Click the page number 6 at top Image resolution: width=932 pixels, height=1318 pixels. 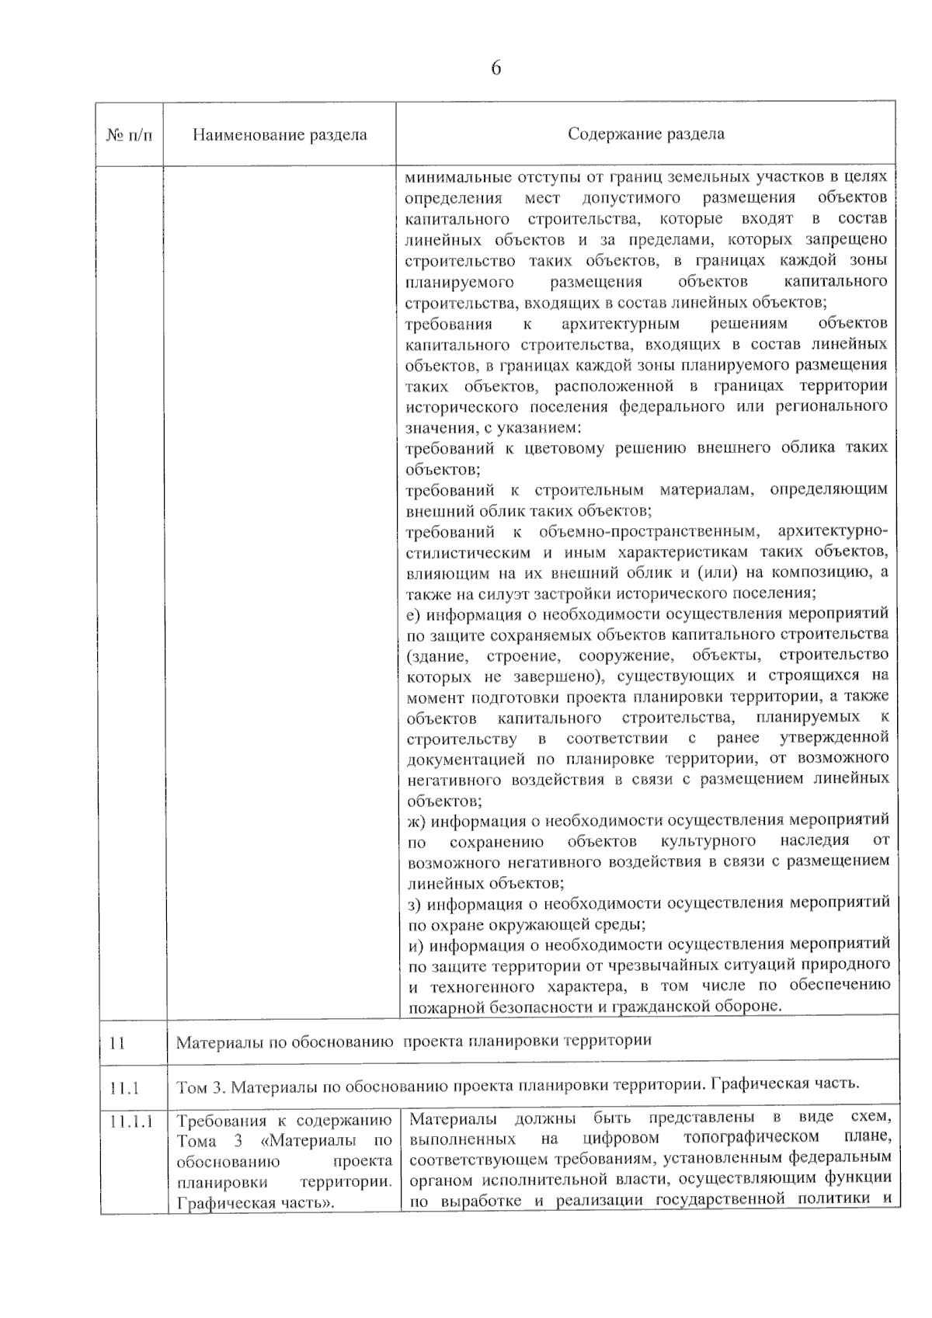pos(496,68)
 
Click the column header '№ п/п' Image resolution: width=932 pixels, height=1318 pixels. pos(129,134)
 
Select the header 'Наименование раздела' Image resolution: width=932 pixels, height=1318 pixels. pos(280,134)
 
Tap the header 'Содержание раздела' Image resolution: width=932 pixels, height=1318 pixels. pos(645,134)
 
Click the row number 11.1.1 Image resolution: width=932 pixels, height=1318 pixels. pos(131,1121)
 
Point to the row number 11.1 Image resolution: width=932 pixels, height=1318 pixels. pos(124,1087)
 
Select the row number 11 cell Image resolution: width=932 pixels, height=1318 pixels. pos(117,1042)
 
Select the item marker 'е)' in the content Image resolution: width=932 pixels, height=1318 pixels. pos(413,615)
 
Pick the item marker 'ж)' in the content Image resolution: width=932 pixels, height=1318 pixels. pos(416,821)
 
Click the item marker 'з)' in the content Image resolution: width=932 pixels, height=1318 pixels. pos(415,904)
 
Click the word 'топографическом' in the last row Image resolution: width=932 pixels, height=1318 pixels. pos(742,1139)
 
